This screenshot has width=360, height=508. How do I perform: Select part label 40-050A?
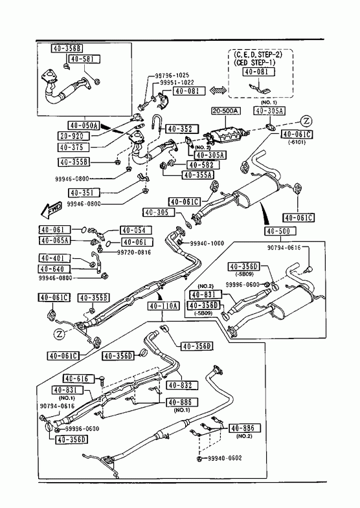84,125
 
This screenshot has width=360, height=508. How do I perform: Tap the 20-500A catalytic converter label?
225,111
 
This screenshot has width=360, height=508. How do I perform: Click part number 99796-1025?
172,75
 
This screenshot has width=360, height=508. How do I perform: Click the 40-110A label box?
164,305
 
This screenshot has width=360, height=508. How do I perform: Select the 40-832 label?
182,385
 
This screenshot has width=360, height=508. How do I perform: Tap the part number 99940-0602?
224,458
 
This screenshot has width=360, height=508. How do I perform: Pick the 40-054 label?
136,230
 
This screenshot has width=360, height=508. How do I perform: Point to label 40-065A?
54,240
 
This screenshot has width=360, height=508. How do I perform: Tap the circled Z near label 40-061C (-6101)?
306,122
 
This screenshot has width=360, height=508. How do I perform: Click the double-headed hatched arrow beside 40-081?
218,91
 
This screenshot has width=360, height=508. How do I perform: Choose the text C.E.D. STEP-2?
258,54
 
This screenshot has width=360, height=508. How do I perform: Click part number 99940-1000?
207,243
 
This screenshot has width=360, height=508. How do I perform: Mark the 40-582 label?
202,164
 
